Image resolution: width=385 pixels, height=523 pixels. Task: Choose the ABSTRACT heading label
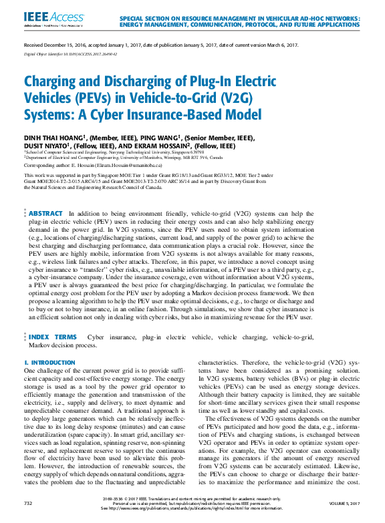(x=45, y=213)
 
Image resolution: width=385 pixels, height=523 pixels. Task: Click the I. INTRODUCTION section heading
(x=49, y=363)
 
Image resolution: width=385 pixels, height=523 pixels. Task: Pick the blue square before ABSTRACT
(x=25, y=213)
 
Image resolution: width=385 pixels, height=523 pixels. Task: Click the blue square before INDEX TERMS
(x=25, y=338)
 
